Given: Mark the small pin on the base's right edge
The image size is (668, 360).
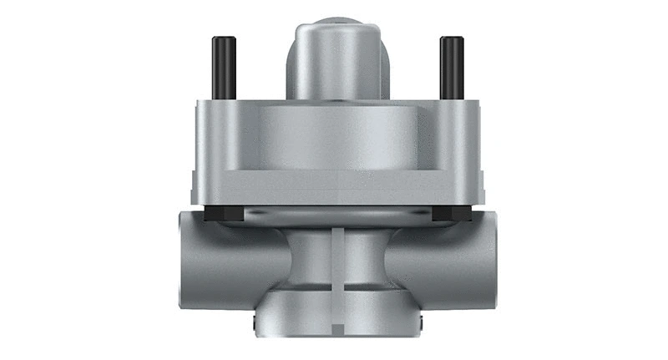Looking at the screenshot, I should [422, 323].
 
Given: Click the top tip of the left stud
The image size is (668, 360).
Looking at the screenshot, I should [223, 39].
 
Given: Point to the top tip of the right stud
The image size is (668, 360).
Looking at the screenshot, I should [451, 39].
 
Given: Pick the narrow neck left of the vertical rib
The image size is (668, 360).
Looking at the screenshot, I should [309, 259].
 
